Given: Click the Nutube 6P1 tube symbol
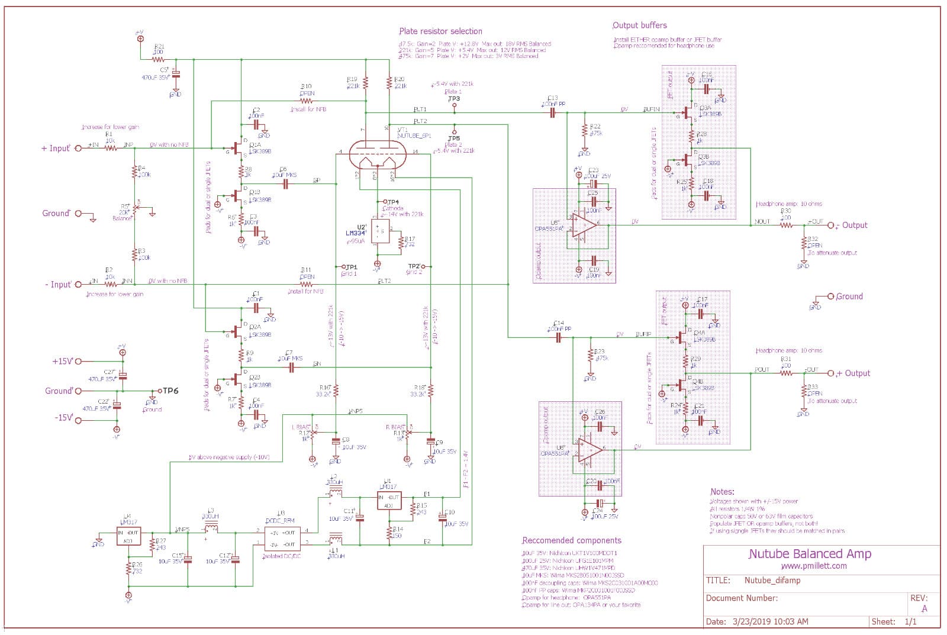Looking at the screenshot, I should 379,155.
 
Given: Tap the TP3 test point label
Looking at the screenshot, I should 454,99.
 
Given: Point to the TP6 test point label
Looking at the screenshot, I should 170,391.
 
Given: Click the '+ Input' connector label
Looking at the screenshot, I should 56,148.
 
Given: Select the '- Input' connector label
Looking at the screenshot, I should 58,285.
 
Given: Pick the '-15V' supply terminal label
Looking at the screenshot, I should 63,418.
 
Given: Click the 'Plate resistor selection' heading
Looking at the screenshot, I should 440,31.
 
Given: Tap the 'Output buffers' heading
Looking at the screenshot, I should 639,25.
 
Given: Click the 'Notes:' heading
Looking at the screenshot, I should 722,492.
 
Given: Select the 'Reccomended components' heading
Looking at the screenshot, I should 571,540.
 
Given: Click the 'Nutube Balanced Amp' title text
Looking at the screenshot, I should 810,554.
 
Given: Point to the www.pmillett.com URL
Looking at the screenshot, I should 813,566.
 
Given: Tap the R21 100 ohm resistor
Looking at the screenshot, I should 159,59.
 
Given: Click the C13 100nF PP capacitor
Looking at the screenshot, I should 553,112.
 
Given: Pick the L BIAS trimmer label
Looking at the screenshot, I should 301,427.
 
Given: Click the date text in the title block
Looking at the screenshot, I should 757,621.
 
